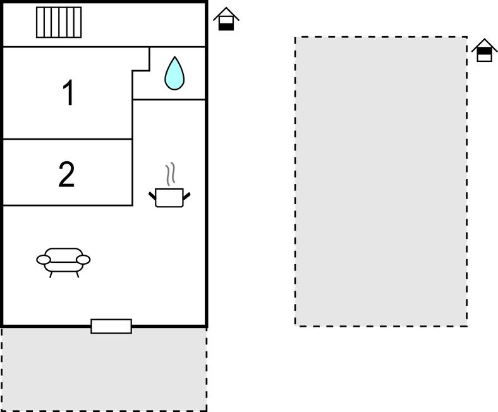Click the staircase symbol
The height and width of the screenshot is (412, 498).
coord(59,22)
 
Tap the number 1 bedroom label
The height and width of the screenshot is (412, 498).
coord(69,92)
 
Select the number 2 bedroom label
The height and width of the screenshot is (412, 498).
coord(66,174)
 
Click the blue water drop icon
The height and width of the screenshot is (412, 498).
coord(174,73)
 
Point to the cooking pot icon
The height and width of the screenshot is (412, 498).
coord(169,198)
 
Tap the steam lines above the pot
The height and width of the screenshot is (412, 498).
coord(171,174)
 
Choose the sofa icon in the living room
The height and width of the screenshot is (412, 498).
coord(63,263)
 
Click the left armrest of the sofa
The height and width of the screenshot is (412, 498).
coord(44,260)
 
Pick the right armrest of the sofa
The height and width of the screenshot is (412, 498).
coord(83,260)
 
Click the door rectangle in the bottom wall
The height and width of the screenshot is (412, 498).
coord(111,326)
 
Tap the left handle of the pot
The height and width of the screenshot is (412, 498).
coord(152,196)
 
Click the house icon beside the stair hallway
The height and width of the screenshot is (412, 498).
coord(226,19)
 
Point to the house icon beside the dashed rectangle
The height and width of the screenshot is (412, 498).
coord(484,50)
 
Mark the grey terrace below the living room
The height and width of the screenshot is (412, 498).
coord(104,370)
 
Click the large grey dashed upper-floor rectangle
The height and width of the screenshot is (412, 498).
coord(381,181)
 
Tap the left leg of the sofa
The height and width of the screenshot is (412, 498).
coord(51,275)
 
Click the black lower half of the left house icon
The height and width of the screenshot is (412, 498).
coord(226,27)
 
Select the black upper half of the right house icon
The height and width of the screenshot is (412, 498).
coord(484,51)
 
